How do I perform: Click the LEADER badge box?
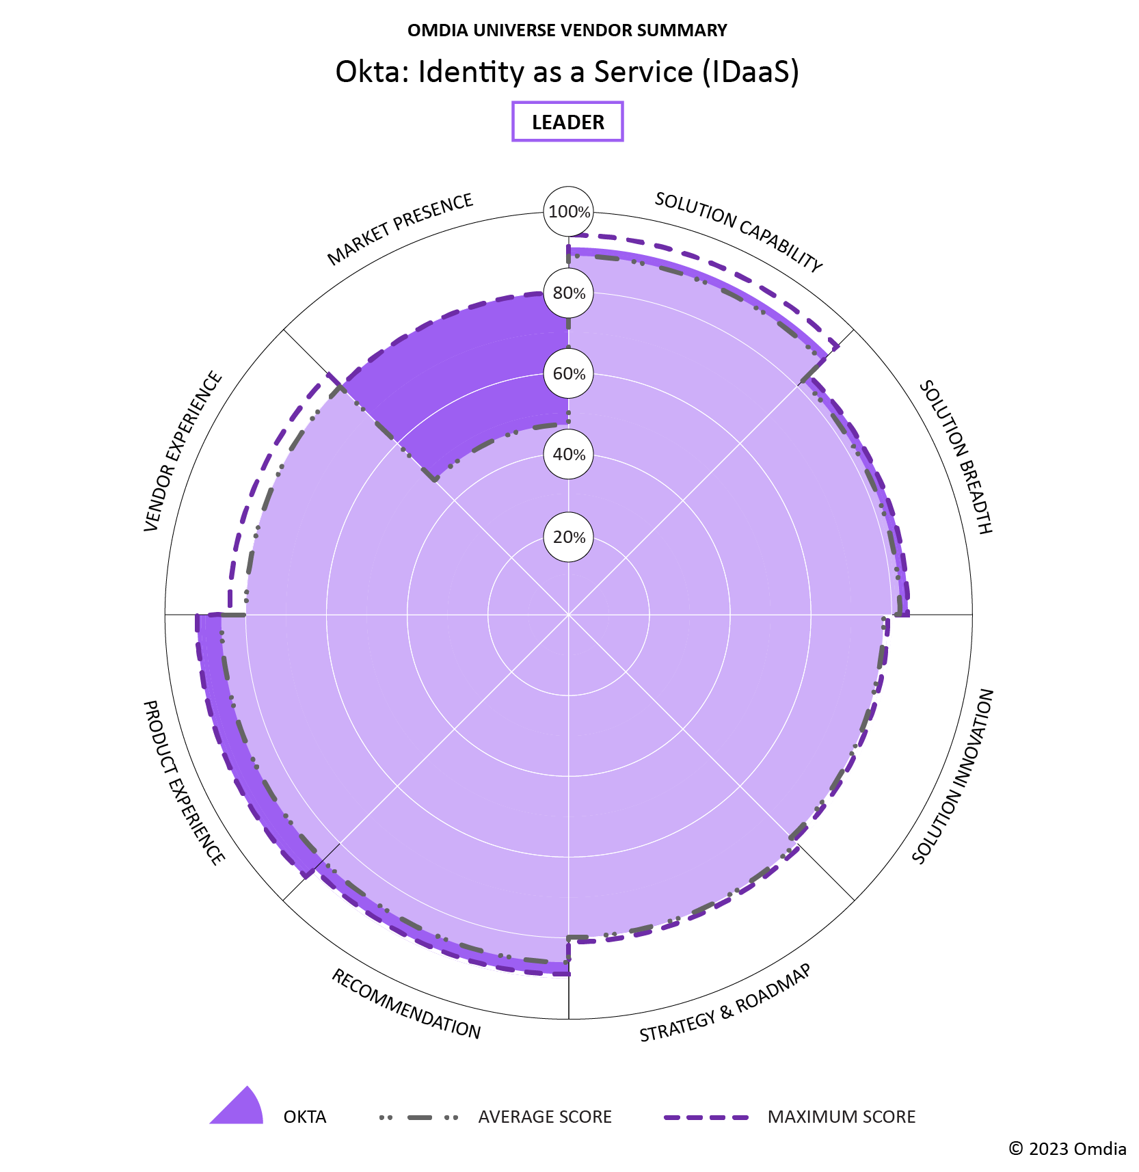567,122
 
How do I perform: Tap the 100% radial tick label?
569,212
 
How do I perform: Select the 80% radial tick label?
569,293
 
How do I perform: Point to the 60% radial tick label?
569,374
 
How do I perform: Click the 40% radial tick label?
569,455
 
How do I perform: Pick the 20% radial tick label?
569,537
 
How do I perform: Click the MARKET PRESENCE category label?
400,229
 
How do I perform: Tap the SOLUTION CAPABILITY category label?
738,232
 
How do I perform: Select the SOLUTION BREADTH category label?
955,457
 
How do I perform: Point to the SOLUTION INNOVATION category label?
953,776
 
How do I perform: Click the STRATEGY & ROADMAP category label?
725,1003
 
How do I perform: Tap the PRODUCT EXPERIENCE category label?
183,783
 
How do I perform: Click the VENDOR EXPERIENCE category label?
183,451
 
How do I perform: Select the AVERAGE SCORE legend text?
544,1117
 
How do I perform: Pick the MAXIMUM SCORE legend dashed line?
706,1117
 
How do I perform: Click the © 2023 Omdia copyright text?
1067,1149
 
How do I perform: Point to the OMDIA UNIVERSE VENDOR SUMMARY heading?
567,30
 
